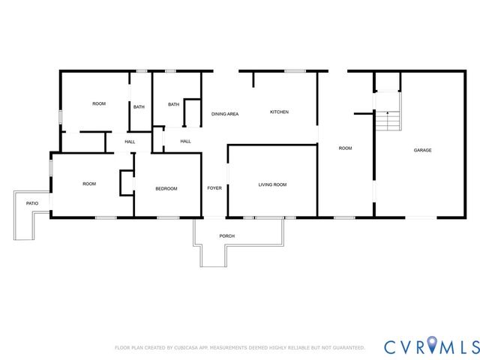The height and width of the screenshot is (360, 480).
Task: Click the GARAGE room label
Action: [422, 150]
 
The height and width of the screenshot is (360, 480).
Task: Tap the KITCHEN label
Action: [279, 112]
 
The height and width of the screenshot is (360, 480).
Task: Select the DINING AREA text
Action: [225, 114]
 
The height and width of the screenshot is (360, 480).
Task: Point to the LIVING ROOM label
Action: [272, 184]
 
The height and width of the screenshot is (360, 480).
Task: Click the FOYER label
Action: [214, 187]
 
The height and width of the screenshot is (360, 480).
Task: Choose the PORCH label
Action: [226, 236]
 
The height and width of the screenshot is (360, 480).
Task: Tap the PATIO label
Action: [32, 203]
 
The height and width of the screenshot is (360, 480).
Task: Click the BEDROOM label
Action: [166, 188]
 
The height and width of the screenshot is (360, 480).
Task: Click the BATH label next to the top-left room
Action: [139, 107]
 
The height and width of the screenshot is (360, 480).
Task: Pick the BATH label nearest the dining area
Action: [173, 105]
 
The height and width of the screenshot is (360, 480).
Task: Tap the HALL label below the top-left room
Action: [130, 142]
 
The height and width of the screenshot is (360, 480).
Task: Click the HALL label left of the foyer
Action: [185, 141]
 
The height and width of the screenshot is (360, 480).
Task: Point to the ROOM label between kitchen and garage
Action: [345, 148]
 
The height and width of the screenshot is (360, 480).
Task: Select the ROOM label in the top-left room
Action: [99, 103]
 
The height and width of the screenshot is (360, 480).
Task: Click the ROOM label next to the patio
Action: [89, 184]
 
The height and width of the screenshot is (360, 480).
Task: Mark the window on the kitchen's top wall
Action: [295, 71]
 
